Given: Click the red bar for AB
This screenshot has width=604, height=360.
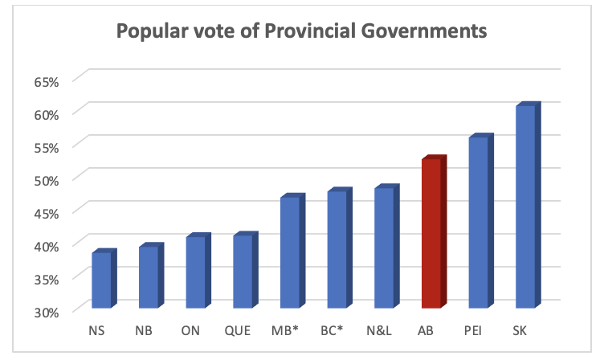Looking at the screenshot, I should click(x=431, y=233).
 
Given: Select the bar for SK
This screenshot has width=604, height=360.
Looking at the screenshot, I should click(x=525, y=207).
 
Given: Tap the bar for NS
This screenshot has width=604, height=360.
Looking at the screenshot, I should click(x=101, y=280).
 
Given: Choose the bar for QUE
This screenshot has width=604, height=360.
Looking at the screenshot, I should click(x=243, y=271).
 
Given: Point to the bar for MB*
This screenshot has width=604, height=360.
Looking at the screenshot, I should click(x=290, y=252).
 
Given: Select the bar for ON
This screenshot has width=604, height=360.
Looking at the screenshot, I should click(x=196, y=272).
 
